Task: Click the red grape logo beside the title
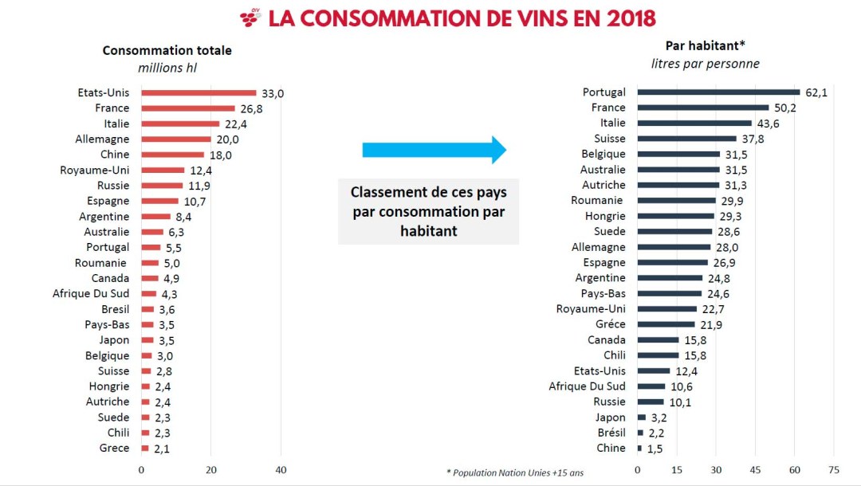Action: point(250,18)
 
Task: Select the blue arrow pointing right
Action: point(434,150)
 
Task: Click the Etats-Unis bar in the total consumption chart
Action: point(199,93)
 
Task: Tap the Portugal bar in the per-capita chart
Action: point(718,92)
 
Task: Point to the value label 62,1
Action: point(816,92)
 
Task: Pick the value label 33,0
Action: point(273,93)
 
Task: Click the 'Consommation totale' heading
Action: point(167,50)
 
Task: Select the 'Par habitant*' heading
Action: point(705,46)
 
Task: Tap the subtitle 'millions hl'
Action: point(167,68)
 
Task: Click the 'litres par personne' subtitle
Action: point(705,64)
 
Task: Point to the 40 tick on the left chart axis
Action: point(281,470)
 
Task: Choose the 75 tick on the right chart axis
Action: point(834,470)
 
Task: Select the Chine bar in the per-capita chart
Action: point(639,449)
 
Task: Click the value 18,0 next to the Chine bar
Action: point(220,155)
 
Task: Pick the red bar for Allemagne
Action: point(176,139)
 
